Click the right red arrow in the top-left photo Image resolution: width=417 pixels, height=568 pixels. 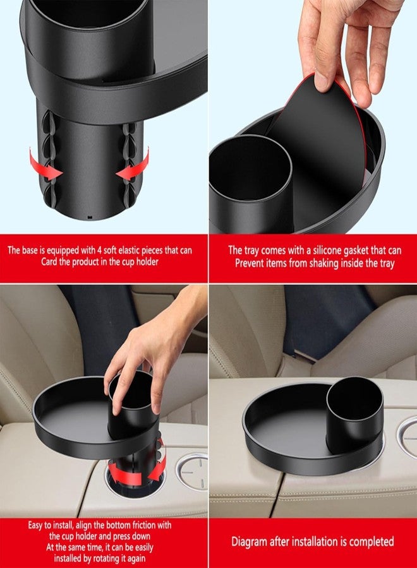[x=135, y=165]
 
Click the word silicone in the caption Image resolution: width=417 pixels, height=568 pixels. [x=327, y=250]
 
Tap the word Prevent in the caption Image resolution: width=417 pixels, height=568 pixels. [x=252, y=263]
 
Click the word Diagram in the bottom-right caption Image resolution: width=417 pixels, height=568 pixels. [x=249, y=541]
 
